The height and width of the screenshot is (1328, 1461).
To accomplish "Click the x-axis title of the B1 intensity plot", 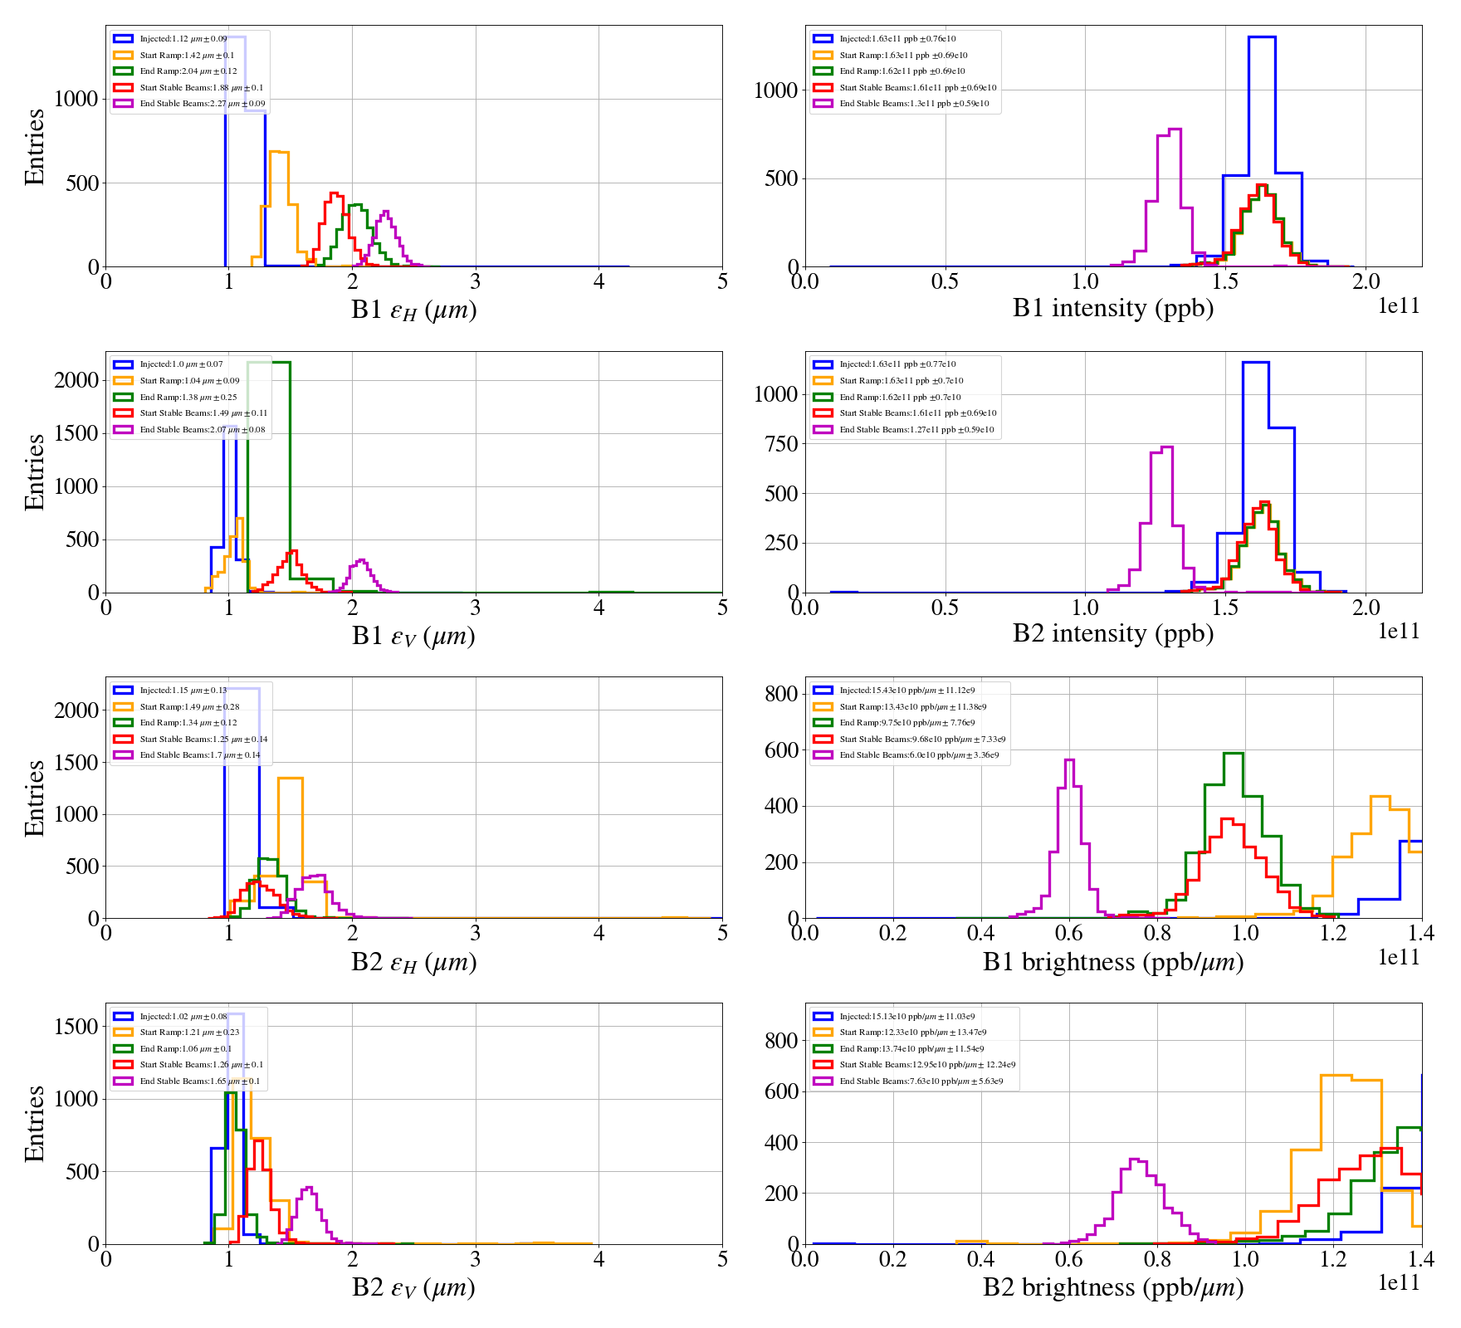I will point(1112,308).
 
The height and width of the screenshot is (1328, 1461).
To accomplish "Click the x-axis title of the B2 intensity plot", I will point(1112,633).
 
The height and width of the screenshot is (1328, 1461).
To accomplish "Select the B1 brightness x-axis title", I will point(1112,962).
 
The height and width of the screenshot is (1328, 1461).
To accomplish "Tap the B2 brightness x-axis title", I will point(1112,1287).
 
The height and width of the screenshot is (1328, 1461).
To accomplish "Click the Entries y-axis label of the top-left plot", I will point(34,146).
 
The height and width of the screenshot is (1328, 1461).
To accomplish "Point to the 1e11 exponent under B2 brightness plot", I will point(1399,1282).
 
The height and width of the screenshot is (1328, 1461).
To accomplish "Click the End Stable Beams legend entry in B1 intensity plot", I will point(913,104).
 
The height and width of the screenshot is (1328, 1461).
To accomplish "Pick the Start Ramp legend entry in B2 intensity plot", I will point(901,381).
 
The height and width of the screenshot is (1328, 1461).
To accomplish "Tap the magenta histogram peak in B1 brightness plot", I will point(1069,760).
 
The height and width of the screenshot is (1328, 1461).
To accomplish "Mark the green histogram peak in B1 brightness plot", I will point(1233,754).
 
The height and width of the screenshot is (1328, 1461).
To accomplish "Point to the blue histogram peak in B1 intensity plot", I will point(1262,37).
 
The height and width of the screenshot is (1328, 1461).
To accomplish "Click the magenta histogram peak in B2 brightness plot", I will point(1134,1160).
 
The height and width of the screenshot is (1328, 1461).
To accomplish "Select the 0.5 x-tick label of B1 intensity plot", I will point(945,281).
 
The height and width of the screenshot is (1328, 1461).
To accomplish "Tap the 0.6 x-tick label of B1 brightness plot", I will point(1069,933).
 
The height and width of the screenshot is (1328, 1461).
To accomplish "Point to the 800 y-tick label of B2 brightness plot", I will point(781,1040).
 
